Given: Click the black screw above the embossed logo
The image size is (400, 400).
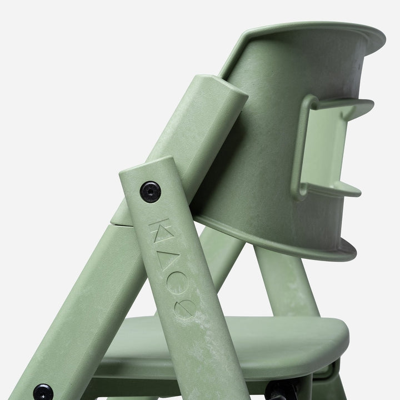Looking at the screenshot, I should point(150,192).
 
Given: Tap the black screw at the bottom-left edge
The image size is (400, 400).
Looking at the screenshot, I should point(42,392).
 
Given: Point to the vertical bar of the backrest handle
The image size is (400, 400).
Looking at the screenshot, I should point(303,147).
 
